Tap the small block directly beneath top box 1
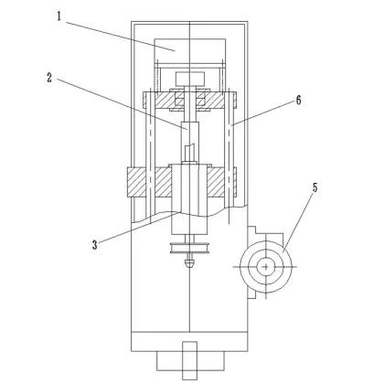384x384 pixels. click(188, 74)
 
